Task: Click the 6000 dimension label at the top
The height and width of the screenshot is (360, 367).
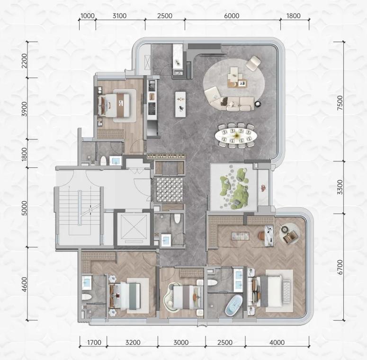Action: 232,16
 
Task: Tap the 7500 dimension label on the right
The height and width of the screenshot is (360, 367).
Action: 340,103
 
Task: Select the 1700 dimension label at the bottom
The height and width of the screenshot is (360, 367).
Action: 94,342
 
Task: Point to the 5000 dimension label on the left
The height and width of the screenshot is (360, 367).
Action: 24,208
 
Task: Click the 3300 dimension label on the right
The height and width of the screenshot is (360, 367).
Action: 340,187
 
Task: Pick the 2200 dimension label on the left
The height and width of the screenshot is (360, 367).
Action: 24,61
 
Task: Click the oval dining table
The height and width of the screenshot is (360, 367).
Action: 236,135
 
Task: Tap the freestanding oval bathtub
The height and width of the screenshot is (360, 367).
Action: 233,305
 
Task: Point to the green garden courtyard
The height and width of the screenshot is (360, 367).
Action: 234,187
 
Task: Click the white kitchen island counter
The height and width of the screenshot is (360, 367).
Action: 180,104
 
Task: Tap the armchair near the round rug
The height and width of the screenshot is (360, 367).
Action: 253,63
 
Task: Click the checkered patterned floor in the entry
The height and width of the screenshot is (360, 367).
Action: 170,190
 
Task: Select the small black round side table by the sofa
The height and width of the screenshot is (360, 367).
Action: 258,104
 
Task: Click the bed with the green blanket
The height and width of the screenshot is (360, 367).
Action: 125,296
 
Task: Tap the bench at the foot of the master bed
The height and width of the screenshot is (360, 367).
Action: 286,291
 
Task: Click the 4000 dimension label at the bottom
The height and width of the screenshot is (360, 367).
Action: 277,342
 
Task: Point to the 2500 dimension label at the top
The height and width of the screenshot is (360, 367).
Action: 164,16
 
